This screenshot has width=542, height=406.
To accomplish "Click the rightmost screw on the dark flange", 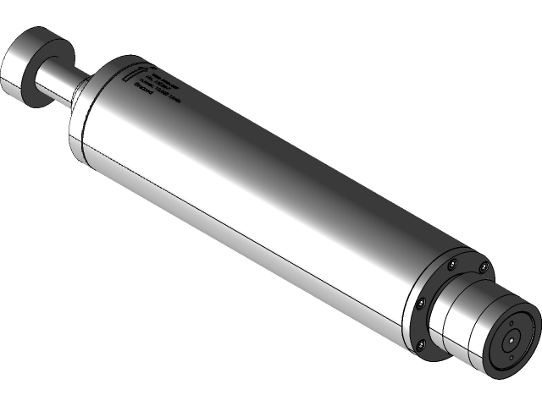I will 482,269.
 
